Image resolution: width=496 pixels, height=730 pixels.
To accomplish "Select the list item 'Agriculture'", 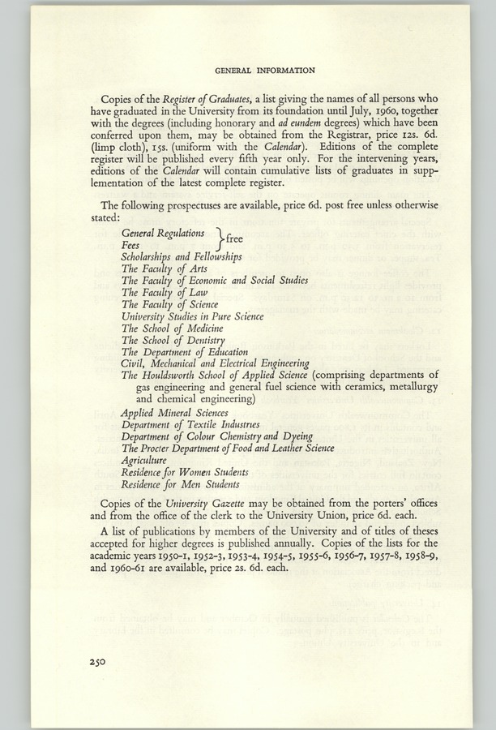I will point(144,459).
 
